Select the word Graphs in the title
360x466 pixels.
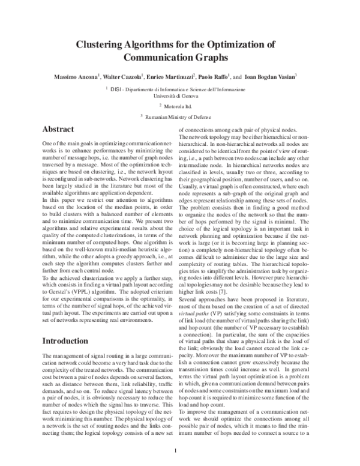tap(207, 58)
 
